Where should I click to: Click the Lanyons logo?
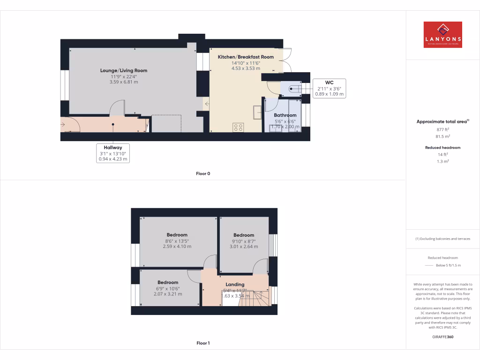click(x=442, y=35)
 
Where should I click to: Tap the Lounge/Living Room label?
click(x=124, y=71)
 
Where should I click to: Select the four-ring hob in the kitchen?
click(x=238, y=127)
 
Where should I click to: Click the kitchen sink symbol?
click(x=257, y=112)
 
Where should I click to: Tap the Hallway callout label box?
click(x=112, y=153)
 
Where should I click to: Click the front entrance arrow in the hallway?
click(x=63, y=125)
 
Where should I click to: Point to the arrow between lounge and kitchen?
click(x=206, y=103)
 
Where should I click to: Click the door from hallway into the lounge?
click(x=117, y=108)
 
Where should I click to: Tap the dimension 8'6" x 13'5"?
click(x=177, y=241)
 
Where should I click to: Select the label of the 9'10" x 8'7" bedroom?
click(x=244, y=235)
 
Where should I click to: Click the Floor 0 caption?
click(x=203, y=174)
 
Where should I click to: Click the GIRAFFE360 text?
click(x=443, y=337)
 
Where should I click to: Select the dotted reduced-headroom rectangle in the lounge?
click(x=166, y=124)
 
